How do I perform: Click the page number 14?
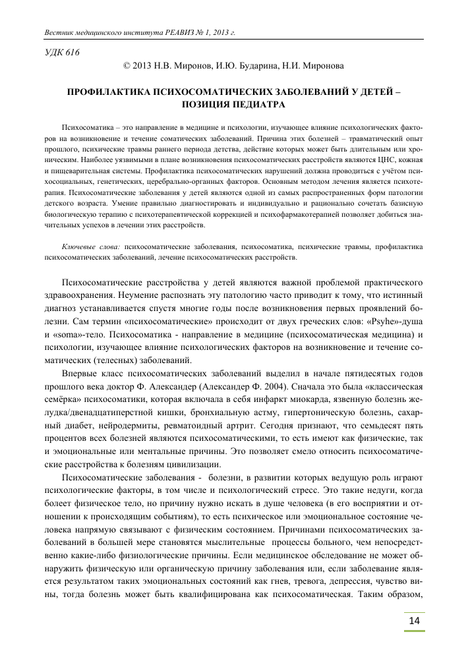pyautogui.click(x=414, y=621)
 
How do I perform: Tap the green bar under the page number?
pyautogui.click(x=414, y=633)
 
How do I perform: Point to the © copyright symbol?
pyautogui.click(x=127, y=66)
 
